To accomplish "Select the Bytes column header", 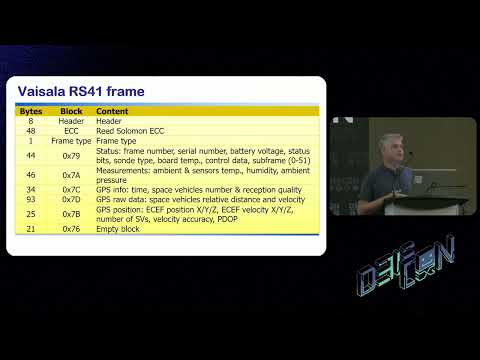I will pyautogui.click(x=31, y=111).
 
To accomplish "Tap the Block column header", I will pyautogui.click(x=71, y=111).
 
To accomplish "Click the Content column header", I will pyautogui.click(x=112, y=111).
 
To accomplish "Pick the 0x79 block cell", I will pyautogui.click(x=71, y=156).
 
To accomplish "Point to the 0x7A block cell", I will pyautogui.click(x=71, y=174).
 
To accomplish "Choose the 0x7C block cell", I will pyautogui.click(x=71, y=188).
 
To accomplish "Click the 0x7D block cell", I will pyautogui.click(x=71, y=199).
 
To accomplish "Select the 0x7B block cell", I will pyautogui.click(x=71, y=214).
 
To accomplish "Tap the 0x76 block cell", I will pyautogui.click(x=71, y=229).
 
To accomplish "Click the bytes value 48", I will pyautogui.click(x=31, y=130).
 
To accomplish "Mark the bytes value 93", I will pyautogui.click(x=31, y=199).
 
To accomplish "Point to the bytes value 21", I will pyautogui.click(x=31, y=229).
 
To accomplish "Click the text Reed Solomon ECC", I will pyautogui.click(x=130, y=130).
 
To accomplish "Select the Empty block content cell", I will pyautogui.click(x=118, y=229).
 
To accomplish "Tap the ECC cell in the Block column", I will pyautogui.click(x=71, y=130).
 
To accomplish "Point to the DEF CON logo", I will pyautogui.click(x=406, y=265).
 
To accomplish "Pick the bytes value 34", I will pyautogui.click(x=31, y=188).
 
